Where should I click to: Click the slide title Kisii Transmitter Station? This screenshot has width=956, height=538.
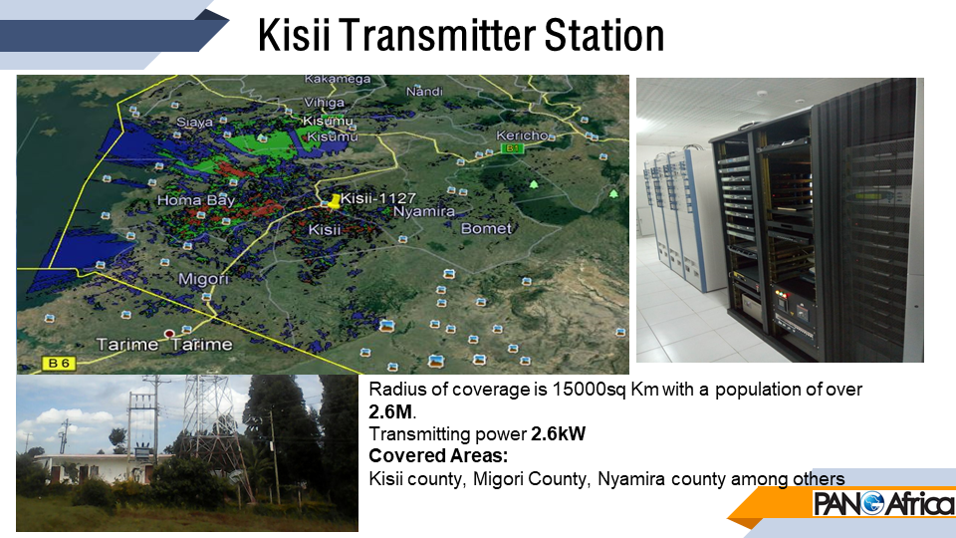pyautogui.click(x=461, y=35)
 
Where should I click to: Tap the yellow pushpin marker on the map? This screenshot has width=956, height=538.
pyautogui.click(x=334, y=201)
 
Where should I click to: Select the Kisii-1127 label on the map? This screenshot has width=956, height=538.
pyautogui.click(x=378, y=198)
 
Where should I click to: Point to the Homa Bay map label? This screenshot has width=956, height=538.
pyautogui.click(x=196, y=200)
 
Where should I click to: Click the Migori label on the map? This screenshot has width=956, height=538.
pyautogui.click(x=203, y=279)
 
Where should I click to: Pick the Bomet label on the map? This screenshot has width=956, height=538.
pyautogui.click(x=486, y=229)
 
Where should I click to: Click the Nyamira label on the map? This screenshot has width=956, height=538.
pyautogui.click(x=424, y=211)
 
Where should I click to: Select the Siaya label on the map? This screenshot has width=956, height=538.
pyautogui.click(x=194, y=122)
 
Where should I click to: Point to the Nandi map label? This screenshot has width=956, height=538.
pyautogui.click(x=424, y=92)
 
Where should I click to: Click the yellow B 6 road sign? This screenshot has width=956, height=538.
pyautogui.click(x=59, y=364)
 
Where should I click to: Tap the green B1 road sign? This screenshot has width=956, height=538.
pyautogui.click(x=512, y=148)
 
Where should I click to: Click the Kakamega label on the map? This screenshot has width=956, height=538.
pyautogui.click(x=338, y=80)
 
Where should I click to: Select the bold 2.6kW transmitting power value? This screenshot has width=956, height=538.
pyautogui.click(x=558, y=433)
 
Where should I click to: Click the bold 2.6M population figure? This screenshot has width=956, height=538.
pyautogui.click(x=390, y=411)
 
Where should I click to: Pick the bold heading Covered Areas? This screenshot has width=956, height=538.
pyautogui.click(x=438, y=455)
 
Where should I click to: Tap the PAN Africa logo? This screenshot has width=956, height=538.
pyautogui.click(x=883, y=504)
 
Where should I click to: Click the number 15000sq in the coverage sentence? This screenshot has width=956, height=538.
pyautogui.click(x=589, y=390)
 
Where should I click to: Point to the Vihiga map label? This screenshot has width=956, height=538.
pyautogui.click(x=324, y=103)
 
